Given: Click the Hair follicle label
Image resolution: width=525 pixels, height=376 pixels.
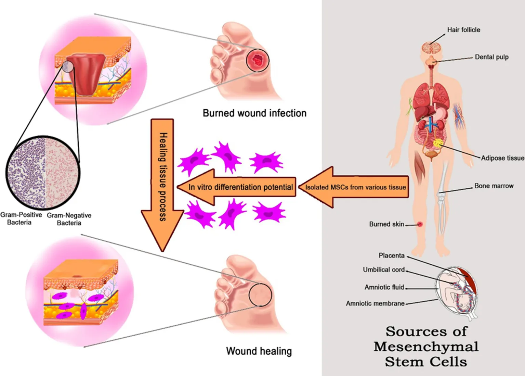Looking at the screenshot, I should coord(463,30).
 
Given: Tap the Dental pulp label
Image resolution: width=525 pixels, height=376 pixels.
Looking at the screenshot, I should coord(491,57).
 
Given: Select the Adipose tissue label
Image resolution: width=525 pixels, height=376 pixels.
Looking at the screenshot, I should coord(502,158).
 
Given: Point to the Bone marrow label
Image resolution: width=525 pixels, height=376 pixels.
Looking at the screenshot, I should coord(494,186).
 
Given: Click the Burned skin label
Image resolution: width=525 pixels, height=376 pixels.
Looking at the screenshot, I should coord(386,224).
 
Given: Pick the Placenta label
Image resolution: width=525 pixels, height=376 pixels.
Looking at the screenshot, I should coord(391,255).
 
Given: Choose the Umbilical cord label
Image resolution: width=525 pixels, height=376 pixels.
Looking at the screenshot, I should coord(384,270).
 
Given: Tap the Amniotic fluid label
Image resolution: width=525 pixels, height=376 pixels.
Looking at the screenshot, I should coord(384,287).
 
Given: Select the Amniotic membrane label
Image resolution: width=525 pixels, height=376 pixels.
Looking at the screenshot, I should coord(375,303).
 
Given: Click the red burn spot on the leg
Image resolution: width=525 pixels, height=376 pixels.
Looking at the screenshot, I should coord(420,224).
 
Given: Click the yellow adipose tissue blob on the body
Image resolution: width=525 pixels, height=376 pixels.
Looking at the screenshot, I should coord(437,143).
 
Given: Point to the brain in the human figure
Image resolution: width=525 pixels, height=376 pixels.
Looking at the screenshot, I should coord(431,48).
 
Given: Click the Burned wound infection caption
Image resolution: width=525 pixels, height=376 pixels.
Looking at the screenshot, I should coord(254,113).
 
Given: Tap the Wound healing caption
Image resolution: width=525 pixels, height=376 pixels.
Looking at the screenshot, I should coord(259,351).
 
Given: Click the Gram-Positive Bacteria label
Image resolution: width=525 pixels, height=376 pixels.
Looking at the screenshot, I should coord(21,218).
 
